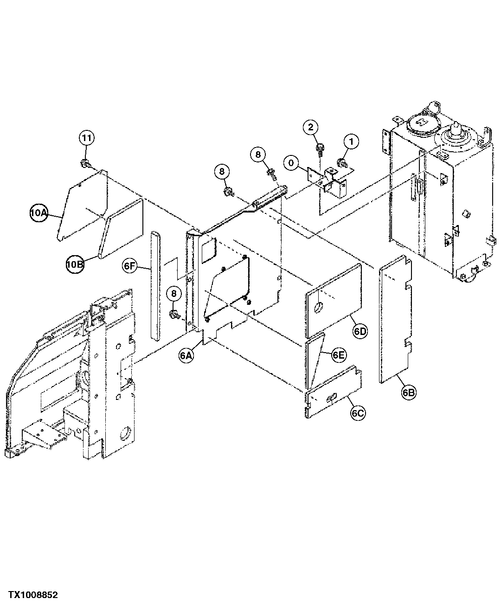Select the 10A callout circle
pyautogui.click(x=39, y=213)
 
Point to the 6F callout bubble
pyautogui.click(x=130, y=266)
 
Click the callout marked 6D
pyautogui.click(x=360, y=331)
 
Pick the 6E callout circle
pyautogui.click(x=339, y=355)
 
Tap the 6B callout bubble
pyautogui.click(x=409, y=393)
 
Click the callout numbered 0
pyautogui.click(x=291, y=163)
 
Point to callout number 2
pyautogui.click(x=311, y=127)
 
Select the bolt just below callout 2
pyautogui.click(x=320, y=148)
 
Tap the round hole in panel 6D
pyautogui.click(x=318, y=307)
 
